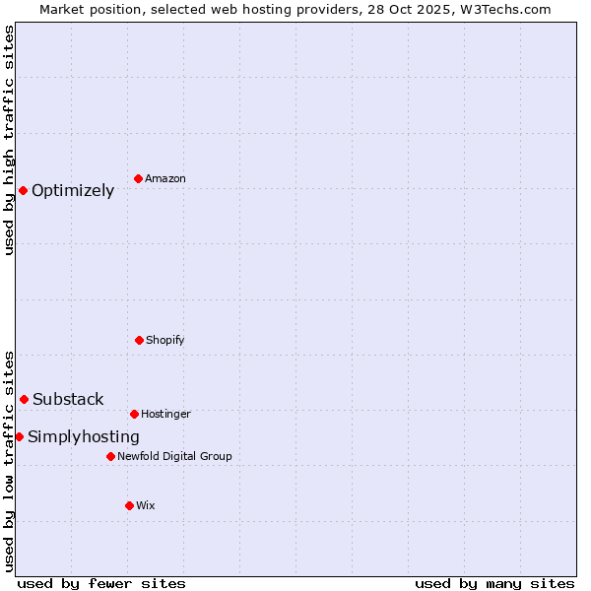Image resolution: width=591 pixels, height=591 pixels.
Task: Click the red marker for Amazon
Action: pos(138,178)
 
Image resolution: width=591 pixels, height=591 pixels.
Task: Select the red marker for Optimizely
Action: pos(23,190)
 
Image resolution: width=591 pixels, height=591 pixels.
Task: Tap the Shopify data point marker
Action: pos(139,340)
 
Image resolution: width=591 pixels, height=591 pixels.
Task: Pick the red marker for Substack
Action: pos(24,399)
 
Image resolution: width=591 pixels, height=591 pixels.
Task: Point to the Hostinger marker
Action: pos(134,414)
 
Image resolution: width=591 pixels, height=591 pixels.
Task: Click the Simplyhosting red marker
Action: pos(19,436)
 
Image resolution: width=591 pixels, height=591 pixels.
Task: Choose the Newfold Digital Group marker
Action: pos(110,456)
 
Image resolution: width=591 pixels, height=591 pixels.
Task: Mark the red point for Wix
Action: pos(129,505)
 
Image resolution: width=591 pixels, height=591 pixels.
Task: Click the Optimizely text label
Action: pos(73,191)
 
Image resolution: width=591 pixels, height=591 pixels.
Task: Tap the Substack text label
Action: pos(68,399)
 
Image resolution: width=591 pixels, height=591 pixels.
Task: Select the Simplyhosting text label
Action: pos(84,437)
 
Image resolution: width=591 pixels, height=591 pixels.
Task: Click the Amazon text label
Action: pos(165,179)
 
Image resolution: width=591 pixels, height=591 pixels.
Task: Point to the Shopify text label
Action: pos(165,341)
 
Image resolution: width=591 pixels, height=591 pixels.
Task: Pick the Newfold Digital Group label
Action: pos(174,457)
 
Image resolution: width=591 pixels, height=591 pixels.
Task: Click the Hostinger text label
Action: pos(165,415)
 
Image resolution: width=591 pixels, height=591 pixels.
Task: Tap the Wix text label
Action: pos(146,506)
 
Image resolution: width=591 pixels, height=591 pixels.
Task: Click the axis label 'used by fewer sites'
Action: pos(101,583)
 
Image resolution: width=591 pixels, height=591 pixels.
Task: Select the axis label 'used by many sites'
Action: pos(494,583)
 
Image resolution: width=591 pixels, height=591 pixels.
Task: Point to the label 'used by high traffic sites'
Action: pos(9,140)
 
